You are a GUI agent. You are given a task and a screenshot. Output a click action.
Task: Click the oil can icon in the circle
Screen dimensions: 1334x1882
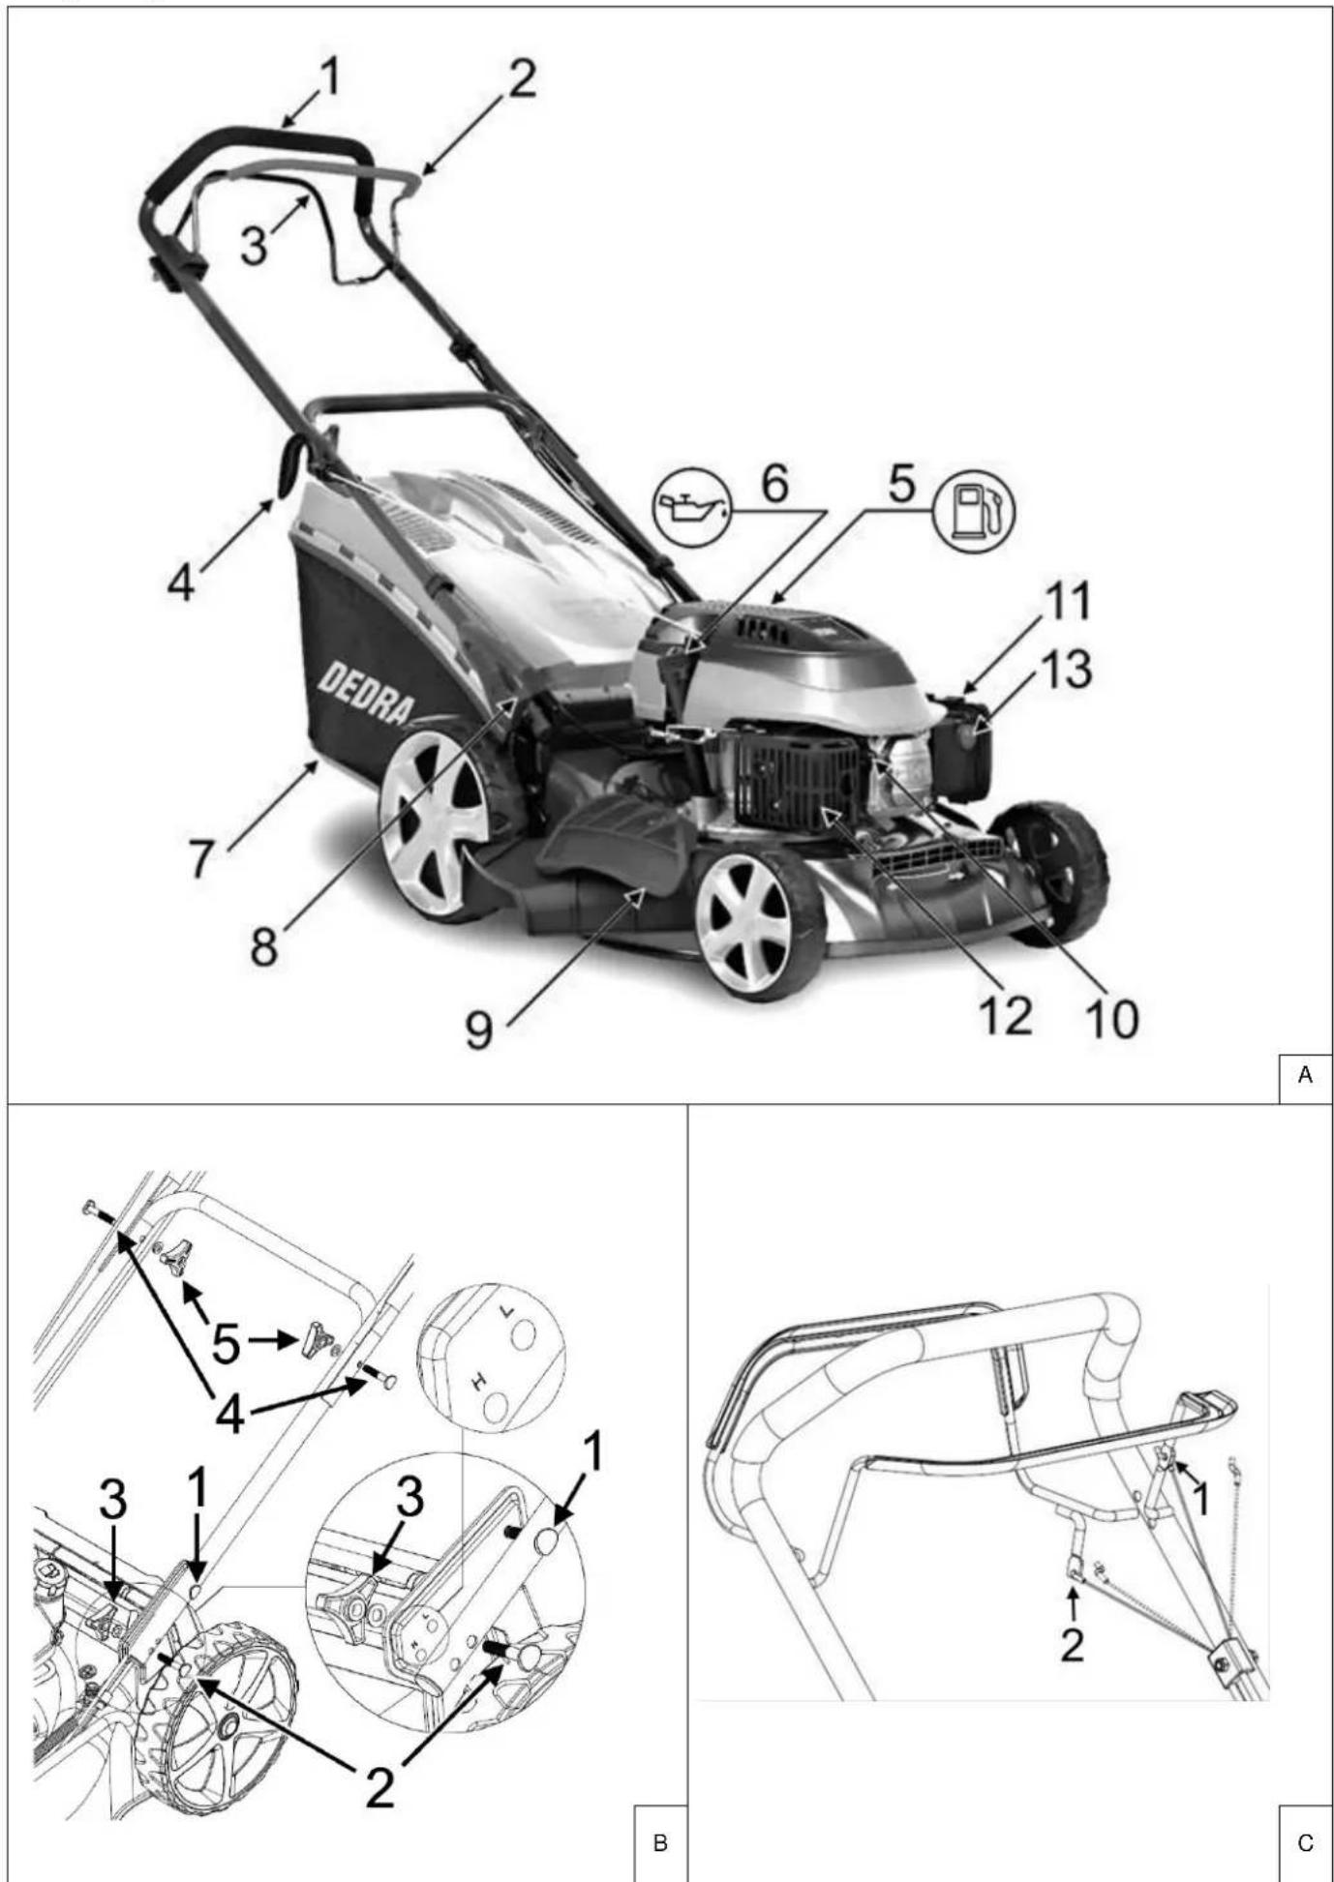click(692, 506)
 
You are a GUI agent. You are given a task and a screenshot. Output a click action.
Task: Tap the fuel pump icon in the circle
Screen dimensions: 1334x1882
click(973, 507)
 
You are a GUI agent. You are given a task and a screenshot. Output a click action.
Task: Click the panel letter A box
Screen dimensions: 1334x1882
click(1305, 1074)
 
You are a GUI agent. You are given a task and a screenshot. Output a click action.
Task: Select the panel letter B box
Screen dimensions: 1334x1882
click(660, 1842)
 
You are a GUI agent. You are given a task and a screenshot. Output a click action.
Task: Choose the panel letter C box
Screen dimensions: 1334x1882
click(1305, 1842)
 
